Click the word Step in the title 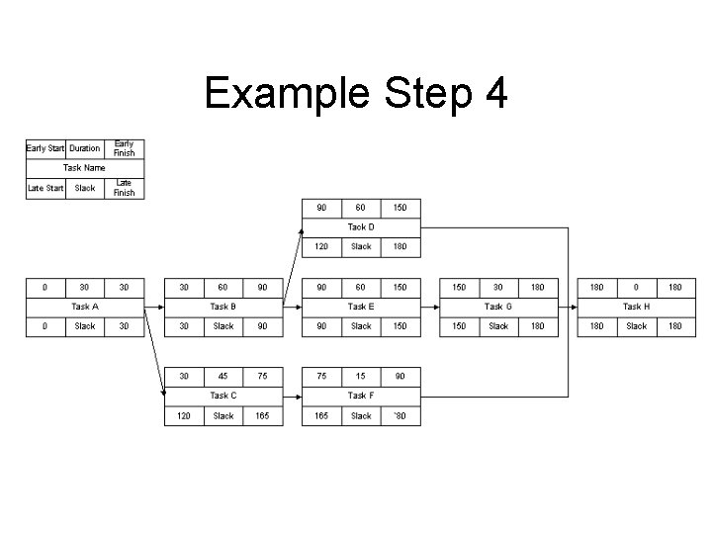414,94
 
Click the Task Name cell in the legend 85,168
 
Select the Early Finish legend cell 124,148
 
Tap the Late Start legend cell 45,188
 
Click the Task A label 85,307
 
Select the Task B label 222,307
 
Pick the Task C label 222,396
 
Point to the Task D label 361,227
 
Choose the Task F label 361,396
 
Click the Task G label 498,307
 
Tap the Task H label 636,307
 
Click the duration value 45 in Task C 223,376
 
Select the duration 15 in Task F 361,376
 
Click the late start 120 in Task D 321,247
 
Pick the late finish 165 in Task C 262,416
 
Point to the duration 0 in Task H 636,287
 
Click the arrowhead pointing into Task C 162,392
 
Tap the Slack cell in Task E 361,326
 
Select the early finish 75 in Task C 262,376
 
